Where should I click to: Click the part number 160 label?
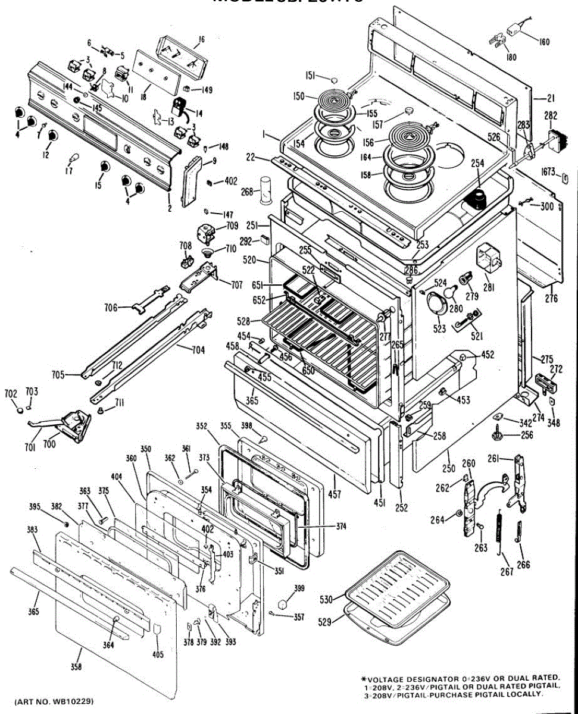[544, 42]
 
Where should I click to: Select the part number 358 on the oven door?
[76, 667]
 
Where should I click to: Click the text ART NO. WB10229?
[54, 700]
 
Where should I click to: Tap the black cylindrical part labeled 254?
[476, 201]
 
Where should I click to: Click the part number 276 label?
[551, 299]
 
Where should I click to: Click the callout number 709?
[231, 226]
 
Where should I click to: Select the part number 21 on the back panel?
[551, 98]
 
